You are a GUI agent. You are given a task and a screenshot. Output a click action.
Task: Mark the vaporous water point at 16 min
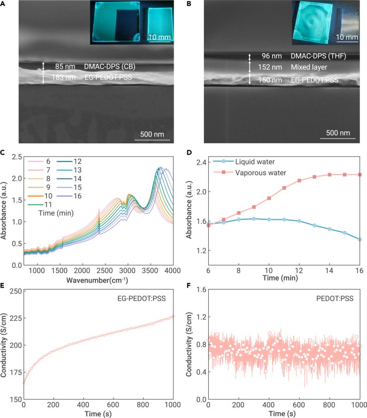tap(360, 175)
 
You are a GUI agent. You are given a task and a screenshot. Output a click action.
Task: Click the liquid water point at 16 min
tap(360, 239)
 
